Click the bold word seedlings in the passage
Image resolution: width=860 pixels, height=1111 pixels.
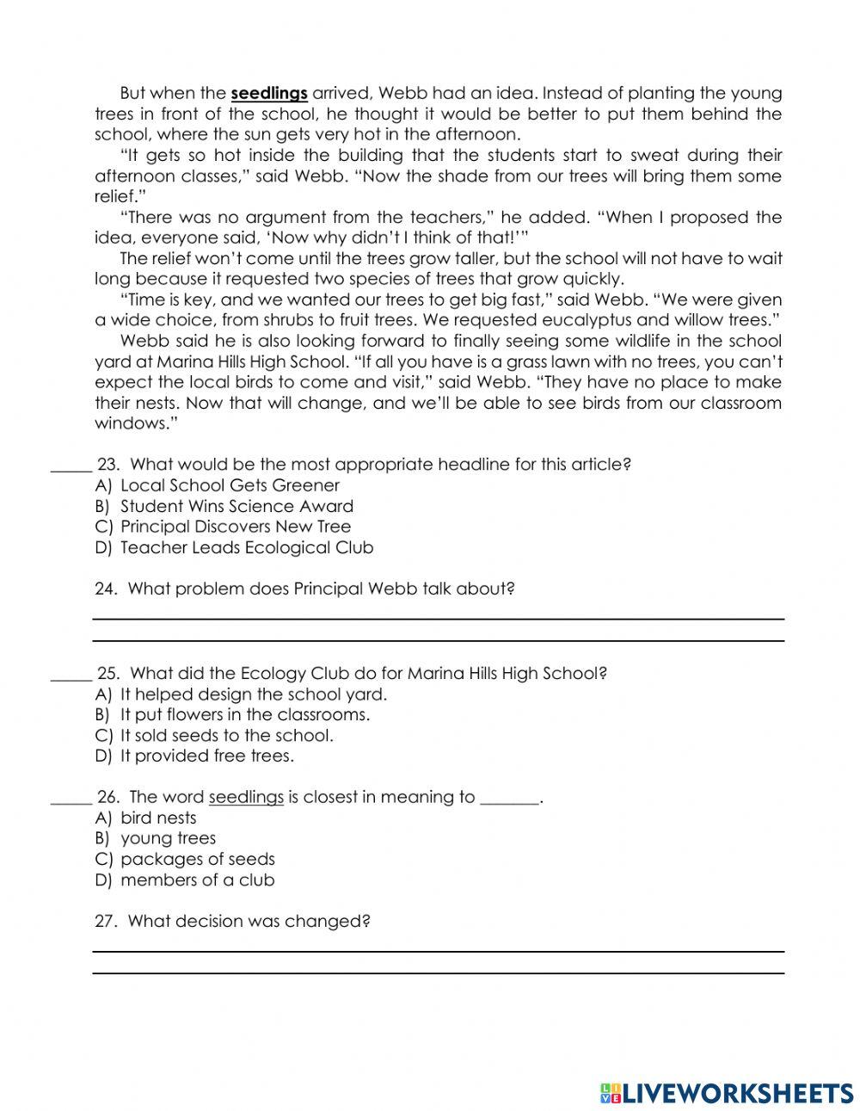(269, 93)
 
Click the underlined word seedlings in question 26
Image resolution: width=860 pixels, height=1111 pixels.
(246, 797)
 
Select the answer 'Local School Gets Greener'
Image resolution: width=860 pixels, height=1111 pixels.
(230, 485)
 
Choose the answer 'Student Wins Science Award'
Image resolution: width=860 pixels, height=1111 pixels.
(236, 506)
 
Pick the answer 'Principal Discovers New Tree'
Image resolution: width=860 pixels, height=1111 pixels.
(236, 527)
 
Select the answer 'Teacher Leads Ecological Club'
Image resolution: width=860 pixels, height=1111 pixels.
(247, 547)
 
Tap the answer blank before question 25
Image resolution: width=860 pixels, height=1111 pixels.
(71, 676)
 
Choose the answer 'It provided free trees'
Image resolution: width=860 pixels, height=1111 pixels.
(206, 756)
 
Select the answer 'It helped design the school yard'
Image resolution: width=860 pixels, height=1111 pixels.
(254, 694)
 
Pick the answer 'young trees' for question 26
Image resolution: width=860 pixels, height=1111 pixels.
(169, 838)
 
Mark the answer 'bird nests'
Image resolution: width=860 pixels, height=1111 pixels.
(158, 818)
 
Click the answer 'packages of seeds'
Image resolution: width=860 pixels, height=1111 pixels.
(198, 859)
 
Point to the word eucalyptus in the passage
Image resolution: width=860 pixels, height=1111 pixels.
(587, 321)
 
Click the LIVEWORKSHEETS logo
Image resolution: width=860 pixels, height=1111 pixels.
(727, 1092)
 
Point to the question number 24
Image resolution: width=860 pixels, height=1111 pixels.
(105, 589)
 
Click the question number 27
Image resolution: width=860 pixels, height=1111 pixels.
(105, 921)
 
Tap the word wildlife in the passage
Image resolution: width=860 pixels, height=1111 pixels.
(602, 342)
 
